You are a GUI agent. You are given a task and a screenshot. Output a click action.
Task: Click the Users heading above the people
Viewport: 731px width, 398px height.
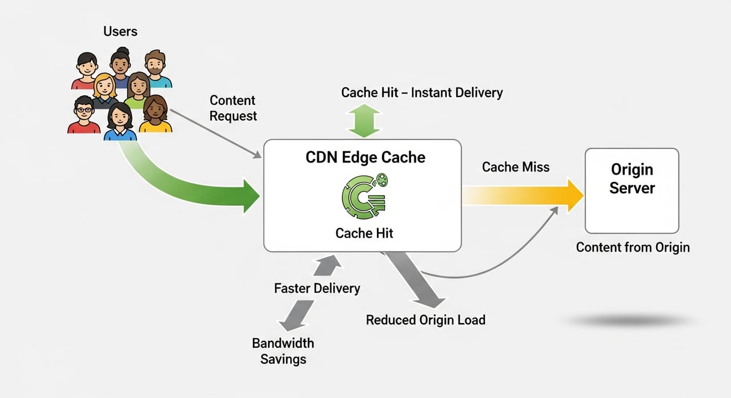pos(121,31)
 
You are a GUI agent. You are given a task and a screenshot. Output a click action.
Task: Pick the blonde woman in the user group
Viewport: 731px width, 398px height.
pos(105,90)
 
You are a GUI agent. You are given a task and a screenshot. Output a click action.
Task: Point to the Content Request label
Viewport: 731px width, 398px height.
pos(233,108)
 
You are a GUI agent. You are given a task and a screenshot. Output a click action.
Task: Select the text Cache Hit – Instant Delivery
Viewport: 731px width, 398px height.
pos(422,92)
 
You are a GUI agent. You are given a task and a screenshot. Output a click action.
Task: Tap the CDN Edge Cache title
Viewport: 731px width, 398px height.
pos(365,157)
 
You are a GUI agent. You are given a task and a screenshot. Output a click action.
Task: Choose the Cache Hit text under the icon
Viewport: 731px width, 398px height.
pos(364,233)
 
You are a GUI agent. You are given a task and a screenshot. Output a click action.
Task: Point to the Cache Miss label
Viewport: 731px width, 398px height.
pos(516,167)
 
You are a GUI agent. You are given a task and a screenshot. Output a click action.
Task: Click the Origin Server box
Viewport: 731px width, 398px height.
pos(632,191)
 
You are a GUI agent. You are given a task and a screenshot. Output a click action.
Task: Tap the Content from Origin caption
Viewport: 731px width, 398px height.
pos(633,247)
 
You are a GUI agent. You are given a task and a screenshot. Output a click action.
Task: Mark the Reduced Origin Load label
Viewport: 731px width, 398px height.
pos(425,319)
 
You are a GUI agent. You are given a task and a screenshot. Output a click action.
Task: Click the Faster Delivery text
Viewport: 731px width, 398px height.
pos(317,288)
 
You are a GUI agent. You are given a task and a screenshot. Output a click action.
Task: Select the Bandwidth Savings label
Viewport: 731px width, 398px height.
pos(283,351)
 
